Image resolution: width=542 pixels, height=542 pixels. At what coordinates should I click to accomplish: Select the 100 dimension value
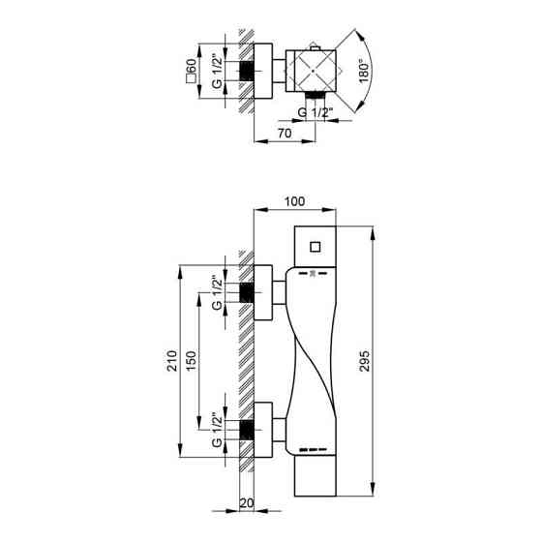[x=295, y=201]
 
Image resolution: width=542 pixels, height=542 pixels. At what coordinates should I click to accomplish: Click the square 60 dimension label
[x=194, y=70]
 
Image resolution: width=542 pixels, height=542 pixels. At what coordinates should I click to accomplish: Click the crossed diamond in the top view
[x=318, y=70]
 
